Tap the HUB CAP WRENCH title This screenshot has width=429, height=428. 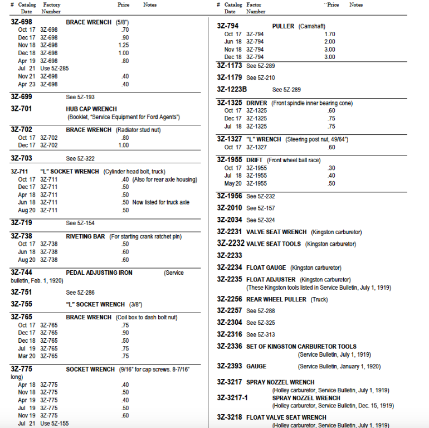pos(91,109)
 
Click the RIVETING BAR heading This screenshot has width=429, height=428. pos(85,236)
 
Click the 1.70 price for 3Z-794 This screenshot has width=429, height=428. pos(329,34)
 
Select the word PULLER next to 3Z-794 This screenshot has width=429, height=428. pos(284,26)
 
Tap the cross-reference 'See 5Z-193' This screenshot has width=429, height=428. pos(80,97)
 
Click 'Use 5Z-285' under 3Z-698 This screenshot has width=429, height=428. pos(55,69)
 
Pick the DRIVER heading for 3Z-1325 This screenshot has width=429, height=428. pos(256,103)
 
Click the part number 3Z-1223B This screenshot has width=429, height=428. pos(232,89)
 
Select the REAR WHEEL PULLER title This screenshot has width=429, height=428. pos(276,299)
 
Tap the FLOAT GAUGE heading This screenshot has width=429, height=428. pos(266,267)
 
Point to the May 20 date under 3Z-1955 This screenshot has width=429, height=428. pos(233,183)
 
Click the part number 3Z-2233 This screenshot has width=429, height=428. pos(230,255)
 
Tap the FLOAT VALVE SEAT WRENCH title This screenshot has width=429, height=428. pos(286,417)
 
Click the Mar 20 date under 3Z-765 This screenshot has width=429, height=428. pos(27,356)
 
